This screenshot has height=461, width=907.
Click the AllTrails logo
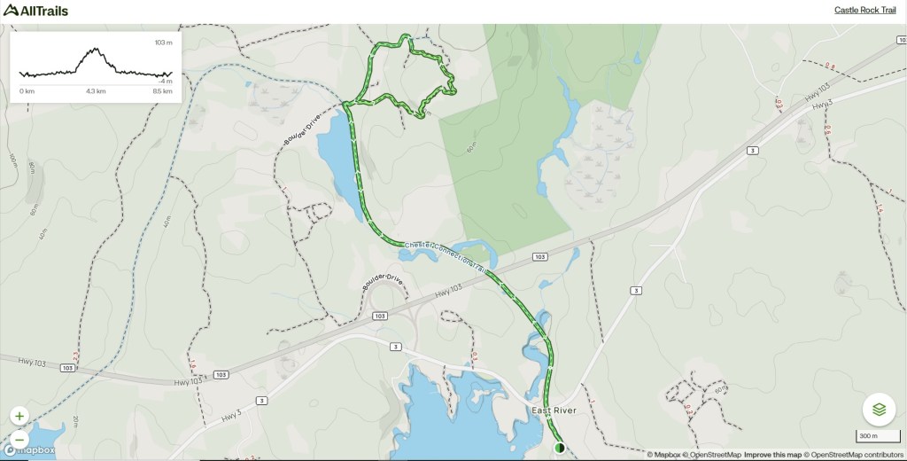[x=35, y=10]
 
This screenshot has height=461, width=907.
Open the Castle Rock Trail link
[x=864, y=11]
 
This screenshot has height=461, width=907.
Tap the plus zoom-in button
[x=19, y=416]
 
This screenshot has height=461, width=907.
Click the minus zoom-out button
[x=19, y=439]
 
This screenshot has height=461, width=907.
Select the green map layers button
[x=879, y=410]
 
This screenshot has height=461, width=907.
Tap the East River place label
[x=554, y=410]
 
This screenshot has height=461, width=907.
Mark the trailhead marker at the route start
[x=559, y=449]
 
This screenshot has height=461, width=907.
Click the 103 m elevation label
[x=163, y=43]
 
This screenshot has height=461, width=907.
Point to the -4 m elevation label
[x=165, y=81]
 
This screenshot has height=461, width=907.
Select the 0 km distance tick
[x=27, y=91]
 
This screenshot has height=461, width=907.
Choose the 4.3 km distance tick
[x=96, y=91]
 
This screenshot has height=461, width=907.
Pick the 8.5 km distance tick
[x=162, y=91]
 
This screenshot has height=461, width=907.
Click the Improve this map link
[x=772, y=455]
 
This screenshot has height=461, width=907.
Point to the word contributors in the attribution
[x=878, y=455]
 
